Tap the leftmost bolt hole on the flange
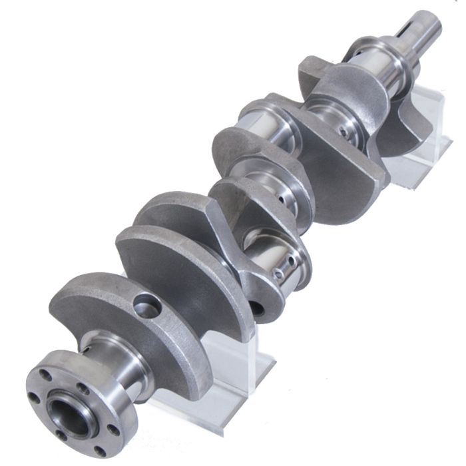point(33,397)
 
